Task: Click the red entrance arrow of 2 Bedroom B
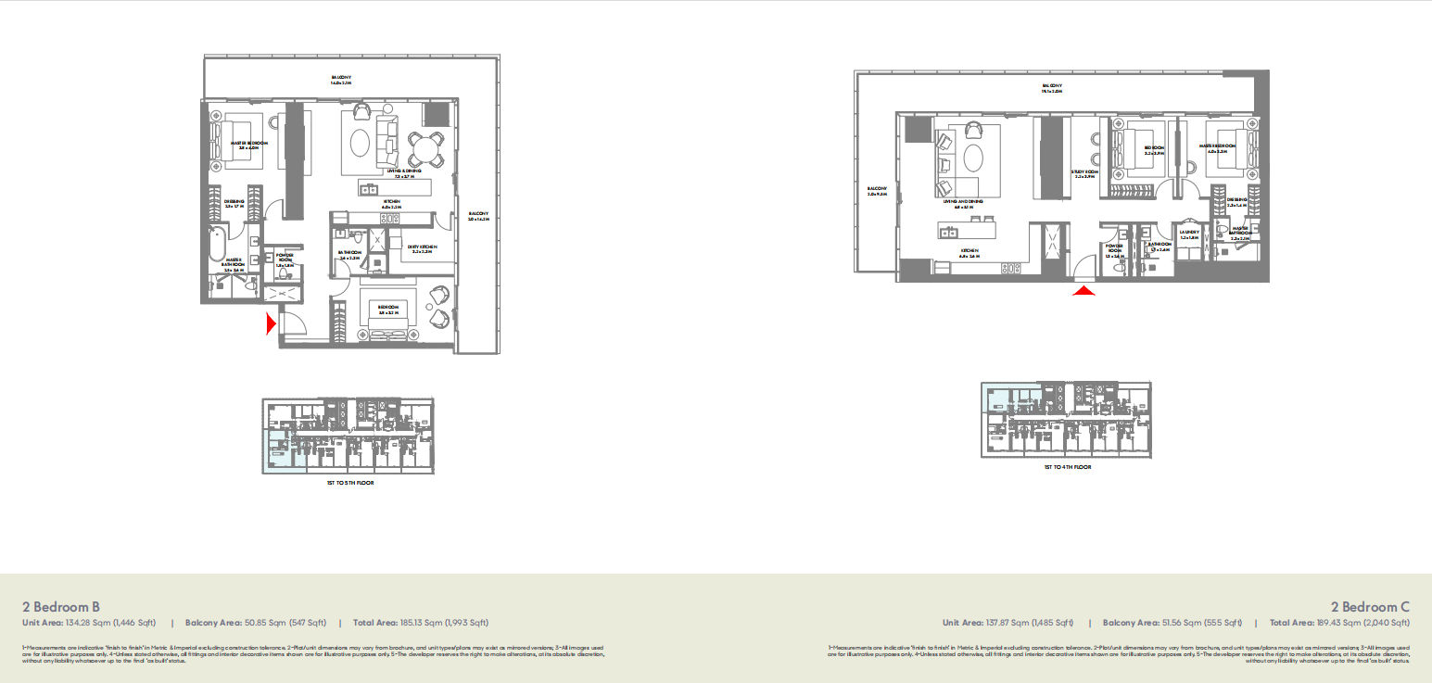click(x=271, y=323)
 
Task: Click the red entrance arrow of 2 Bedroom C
click(x=1084, y=291)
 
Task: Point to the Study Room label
click(x=1084, y=172)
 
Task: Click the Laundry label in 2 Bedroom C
click(x=1189, y=233)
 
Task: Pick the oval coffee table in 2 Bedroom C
click(x=973, y=157)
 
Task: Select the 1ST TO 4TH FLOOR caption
click(x=1067, y=467)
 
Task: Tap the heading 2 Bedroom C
click(x=1370, y=606)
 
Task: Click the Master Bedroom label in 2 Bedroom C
click(x=1218, y=146)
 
